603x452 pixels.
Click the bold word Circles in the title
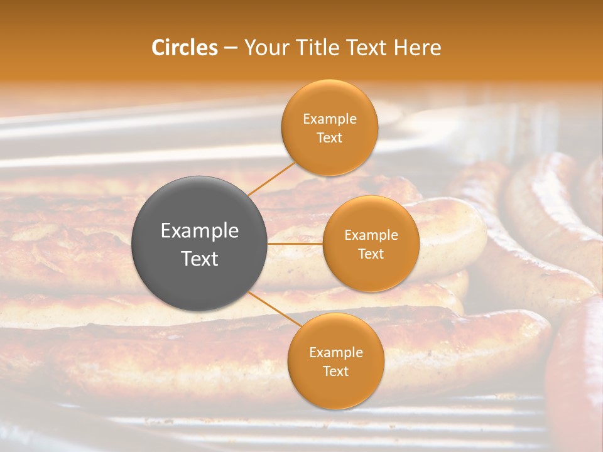(184, 48)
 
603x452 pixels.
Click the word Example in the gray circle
(200, 231)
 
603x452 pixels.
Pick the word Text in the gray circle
(200, 259)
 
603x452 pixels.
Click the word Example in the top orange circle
(329, 119)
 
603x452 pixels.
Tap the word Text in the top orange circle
(329, 137)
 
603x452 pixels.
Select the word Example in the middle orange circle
(371, 235)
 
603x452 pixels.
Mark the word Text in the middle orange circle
(371, 254)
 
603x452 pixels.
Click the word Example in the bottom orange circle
(335, 353)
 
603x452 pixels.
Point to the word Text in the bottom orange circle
(335, 371)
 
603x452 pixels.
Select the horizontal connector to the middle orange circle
(295, 243)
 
